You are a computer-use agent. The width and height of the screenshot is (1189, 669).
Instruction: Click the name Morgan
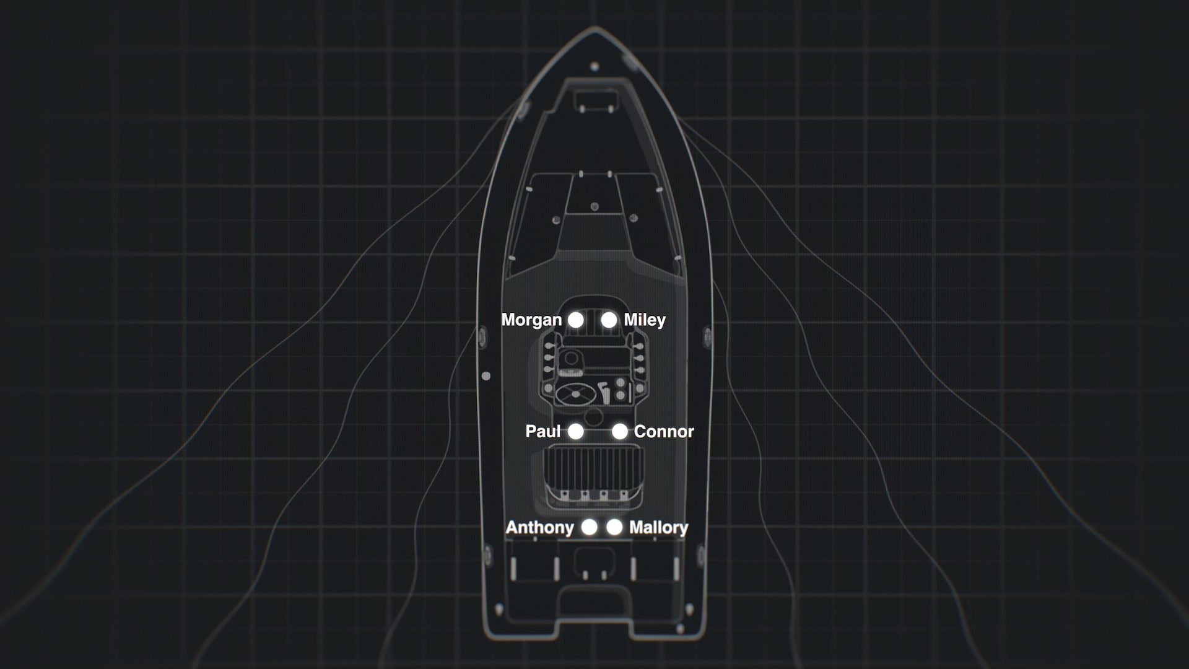coord(531,320)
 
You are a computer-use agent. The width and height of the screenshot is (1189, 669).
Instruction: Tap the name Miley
coord(645,320)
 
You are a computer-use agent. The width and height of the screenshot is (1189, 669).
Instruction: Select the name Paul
coord(543,431)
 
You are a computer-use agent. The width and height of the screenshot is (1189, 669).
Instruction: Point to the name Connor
coord(664,431)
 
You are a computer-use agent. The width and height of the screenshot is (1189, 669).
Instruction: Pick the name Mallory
coord(658,527)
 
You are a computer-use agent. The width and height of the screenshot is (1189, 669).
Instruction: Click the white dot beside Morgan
coord(576,320)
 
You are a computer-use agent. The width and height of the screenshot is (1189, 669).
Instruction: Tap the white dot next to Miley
coord(609,320)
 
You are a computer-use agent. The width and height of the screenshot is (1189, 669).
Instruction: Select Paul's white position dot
coord(576,431)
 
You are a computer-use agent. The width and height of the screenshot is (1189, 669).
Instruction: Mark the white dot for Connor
coord(619,431)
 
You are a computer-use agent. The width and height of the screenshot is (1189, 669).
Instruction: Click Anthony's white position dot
coord(590,527)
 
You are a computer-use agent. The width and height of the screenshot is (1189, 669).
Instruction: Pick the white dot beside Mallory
coord(614,527)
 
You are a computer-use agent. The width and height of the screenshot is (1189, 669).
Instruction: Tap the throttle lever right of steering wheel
coord(604,393)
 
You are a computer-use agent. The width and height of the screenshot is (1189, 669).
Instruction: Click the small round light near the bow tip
coord(594,66)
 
